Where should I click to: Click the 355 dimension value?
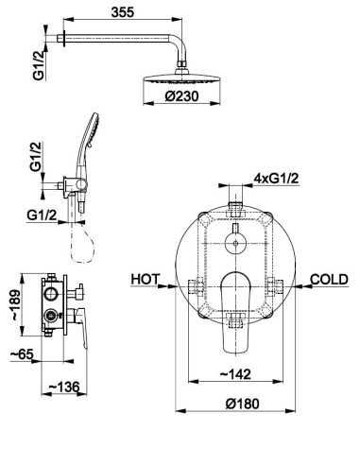click(123, 12)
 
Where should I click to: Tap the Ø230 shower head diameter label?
click(181, 96)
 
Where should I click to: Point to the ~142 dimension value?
click(235, 374)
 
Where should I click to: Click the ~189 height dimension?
click(16, 305)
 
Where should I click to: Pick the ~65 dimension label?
click(22, 354)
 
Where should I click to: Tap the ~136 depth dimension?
click(63, 387)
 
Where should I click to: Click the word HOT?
click(146, 279)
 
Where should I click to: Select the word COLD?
click(329, 280)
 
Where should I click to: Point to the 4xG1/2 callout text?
click(276, 179)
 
